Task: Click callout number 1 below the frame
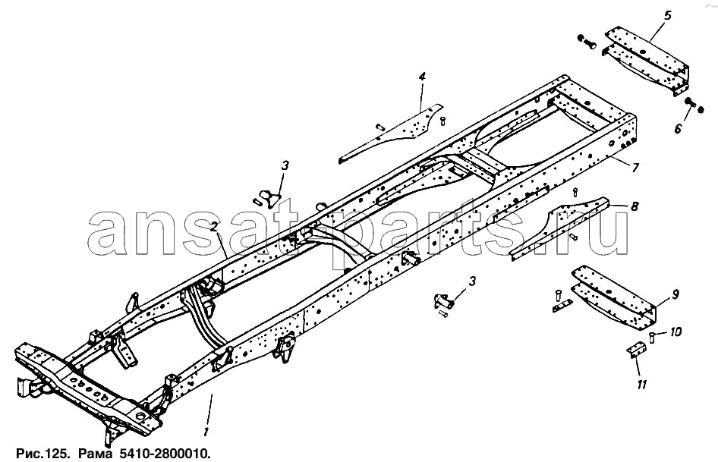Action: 206,432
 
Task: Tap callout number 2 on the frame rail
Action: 213,226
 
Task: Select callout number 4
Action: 422,77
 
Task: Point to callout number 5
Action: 667,16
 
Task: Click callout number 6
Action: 678,129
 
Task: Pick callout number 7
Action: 635,168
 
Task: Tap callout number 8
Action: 635,206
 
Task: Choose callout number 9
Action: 675,295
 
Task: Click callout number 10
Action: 675,332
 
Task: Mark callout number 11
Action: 642,385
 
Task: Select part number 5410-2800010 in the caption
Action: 165,454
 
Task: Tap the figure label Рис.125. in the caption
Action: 43,454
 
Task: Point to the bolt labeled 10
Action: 652,338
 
